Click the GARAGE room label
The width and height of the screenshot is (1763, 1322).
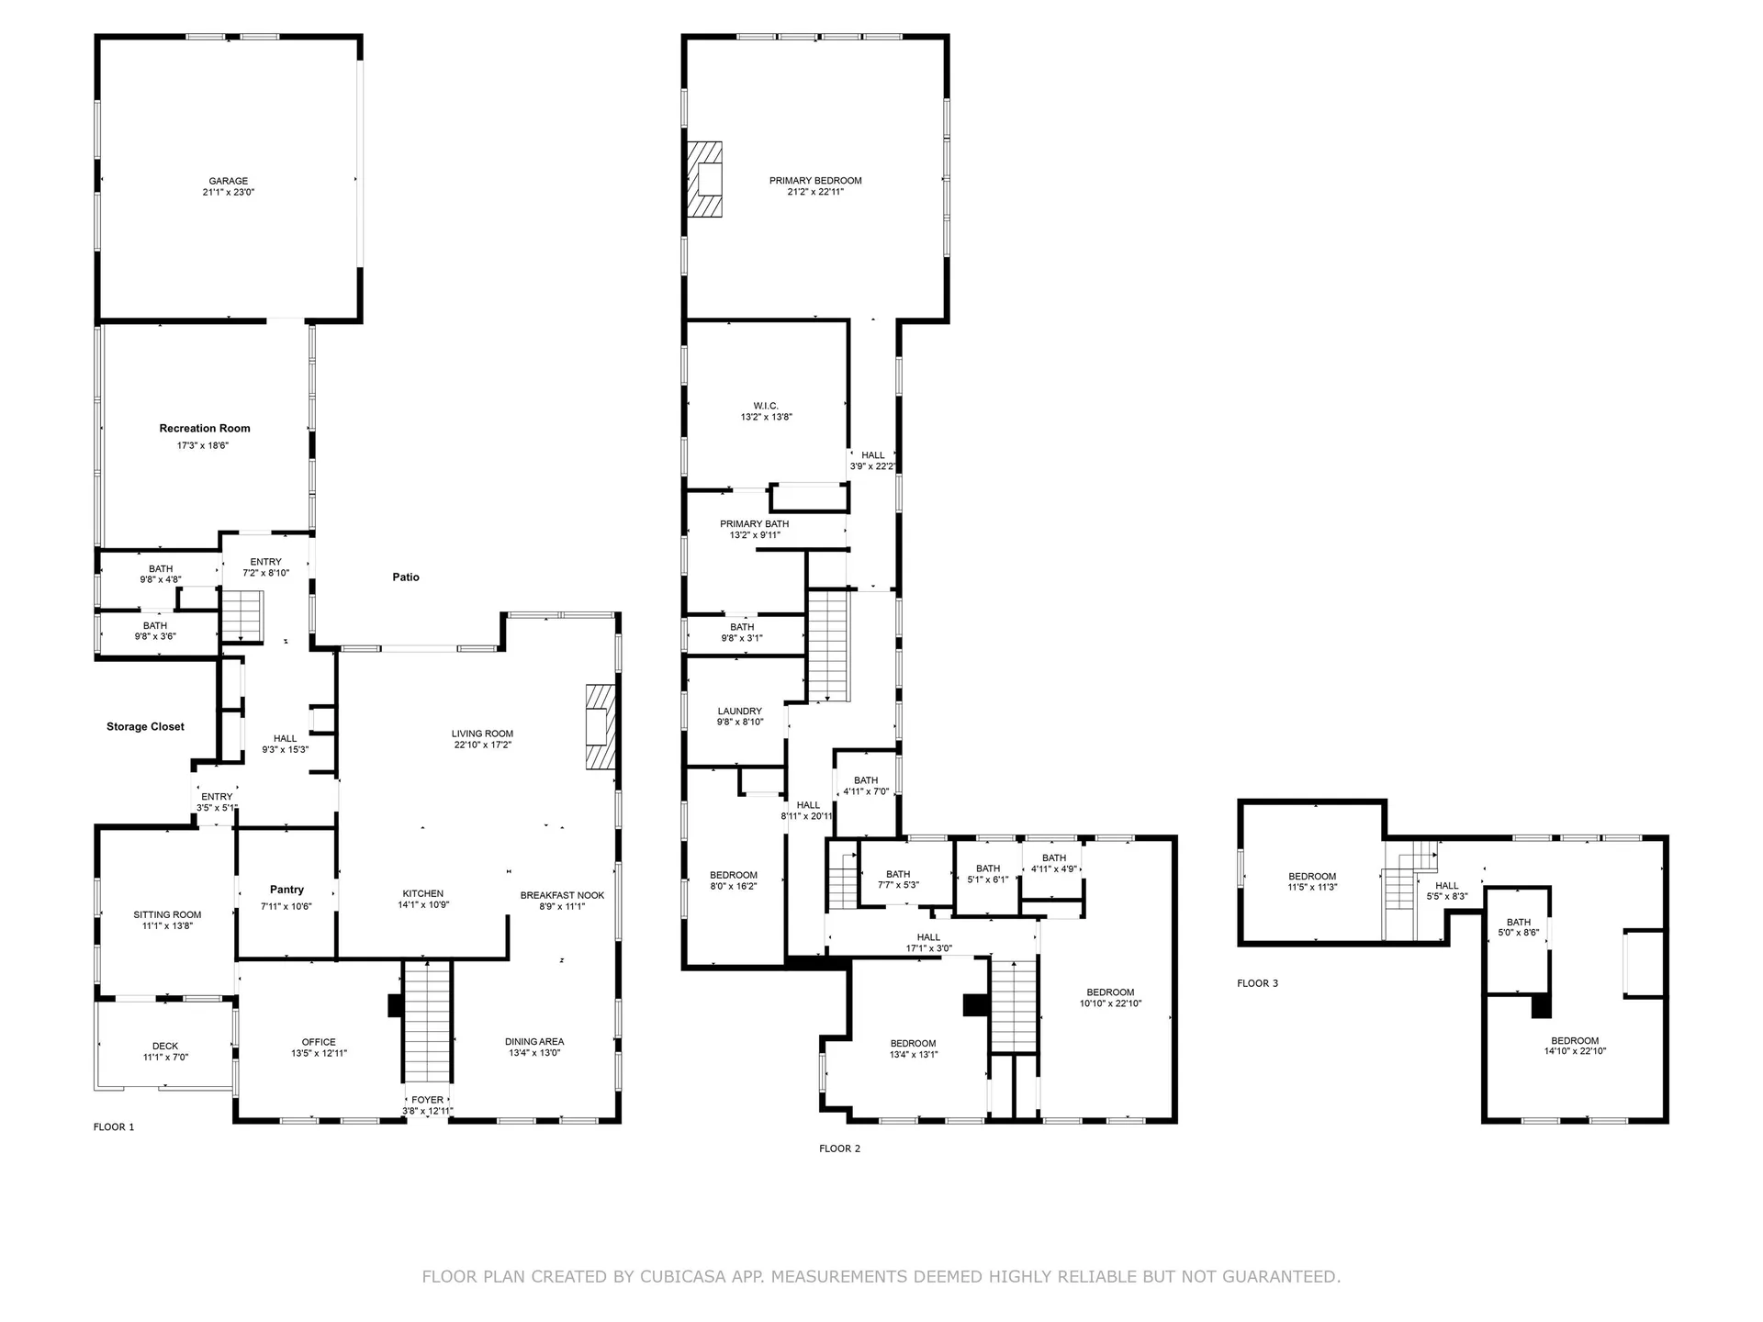(228, 182)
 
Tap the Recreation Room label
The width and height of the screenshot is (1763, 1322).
(205, 429)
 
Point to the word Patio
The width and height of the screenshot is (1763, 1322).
(406, 577)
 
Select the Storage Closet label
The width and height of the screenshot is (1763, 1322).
(145, 727)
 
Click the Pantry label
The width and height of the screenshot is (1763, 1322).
(286, 890)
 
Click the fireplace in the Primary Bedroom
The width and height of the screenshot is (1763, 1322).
(705, 179)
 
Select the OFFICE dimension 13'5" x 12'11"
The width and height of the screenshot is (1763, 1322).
(319, 1053)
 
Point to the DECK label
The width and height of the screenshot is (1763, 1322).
(165, 1046)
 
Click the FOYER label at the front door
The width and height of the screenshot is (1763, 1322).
(427, 1100)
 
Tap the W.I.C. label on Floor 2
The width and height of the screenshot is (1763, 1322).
(766, 406)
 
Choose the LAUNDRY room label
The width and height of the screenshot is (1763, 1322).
(739, 711)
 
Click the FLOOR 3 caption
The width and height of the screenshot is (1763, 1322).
(1257, 983)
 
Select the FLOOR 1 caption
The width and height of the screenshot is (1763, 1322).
(114, 1127)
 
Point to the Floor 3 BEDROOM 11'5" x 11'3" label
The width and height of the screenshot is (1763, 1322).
(1312, 877)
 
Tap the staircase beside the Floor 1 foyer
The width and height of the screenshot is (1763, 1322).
(428, 1021)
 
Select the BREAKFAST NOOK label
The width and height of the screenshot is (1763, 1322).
(562, 896)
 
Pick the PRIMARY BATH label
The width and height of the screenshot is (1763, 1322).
(754, 524)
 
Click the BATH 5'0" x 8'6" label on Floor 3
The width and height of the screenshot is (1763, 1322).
(1519, 923)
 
